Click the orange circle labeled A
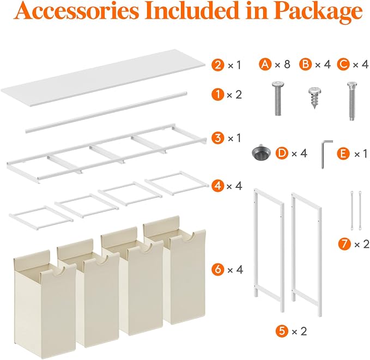click(x=265, y=64)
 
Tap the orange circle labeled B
click(x=306, y=64)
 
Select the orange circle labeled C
click(x=343, y=64)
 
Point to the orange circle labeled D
click(x=282, y=154)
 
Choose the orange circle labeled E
click(x=343, y=154)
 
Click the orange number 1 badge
click(x=217, y=95)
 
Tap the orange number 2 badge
click(x=218, y=65)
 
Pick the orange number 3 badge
click(x=218, y=138)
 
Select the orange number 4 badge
click(x=218, y=185)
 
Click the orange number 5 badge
click(x=282, y=331)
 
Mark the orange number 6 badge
click(x=218, y=269)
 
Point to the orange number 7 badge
click(x=344, y=244)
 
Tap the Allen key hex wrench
click(x=326, y=154)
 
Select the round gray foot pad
click(x=261, y=152)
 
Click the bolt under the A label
click(x=278, y=99)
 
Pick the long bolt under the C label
click(x=351, y=101)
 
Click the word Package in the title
click(x=317, y=11)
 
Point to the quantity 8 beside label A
click(x=287, y=64)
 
